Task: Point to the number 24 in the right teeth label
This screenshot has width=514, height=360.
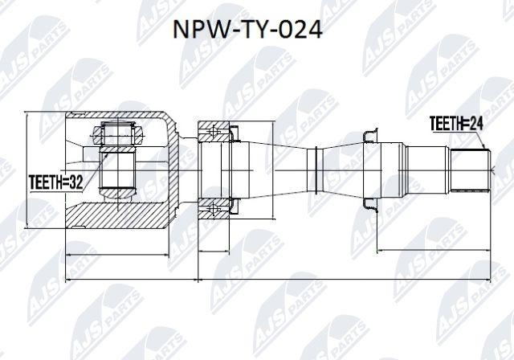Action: tap(479, 124)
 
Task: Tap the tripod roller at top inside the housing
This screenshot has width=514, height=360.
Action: tap(119, 129)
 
